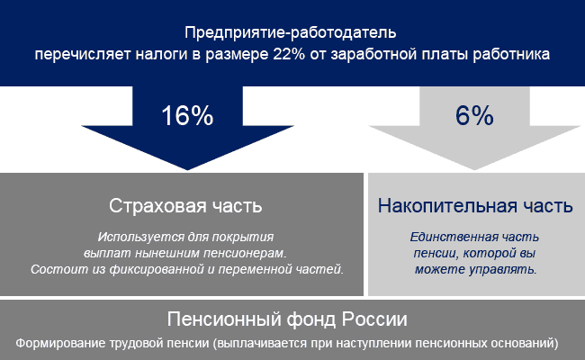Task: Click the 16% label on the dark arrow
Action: click(187, 115)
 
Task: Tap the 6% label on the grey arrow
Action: click(474, 115)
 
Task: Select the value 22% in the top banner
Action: click(289, 54)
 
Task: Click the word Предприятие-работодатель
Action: click(291, 32)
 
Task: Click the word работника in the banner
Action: click(511, 55)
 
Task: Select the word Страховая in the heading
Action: click(157, 205)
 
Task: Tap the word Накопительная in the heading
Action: click(447, 205)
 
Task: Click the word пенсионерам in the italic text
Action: click(245, 253)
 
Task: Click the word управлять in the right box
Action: click(503, 269)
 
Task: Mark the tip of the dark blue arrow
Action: click(187, 170)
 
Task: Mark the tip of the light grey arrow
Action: click(474, 170)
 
